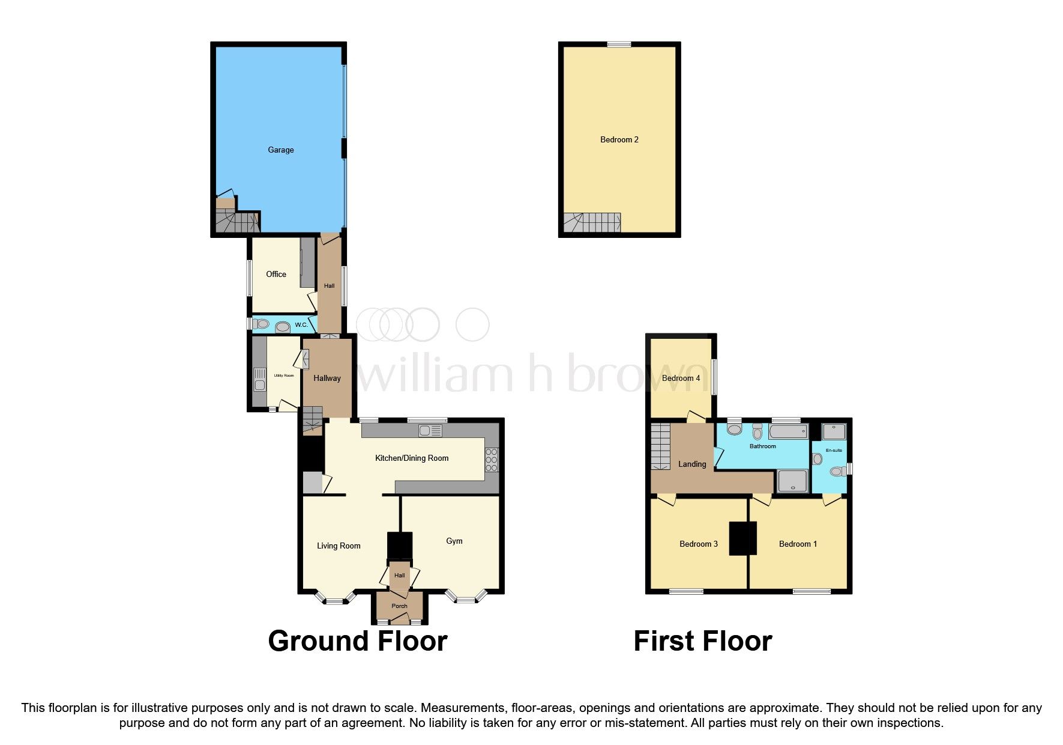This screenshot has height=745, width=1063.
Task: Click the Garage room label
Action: (x=280, y=150)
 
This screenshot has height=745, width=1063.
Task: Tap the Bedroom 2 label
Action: (x=619, y=139)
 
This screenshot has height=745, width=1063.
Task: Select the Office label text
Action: (x=276, y=274)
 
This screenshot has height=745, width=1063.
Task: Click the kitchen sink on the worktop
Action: (x=430, y=430)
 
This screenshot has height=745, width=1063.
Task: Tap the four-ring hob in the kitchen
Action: (x=492, y=460)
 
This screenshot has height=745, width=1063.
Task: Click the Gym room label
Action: (x=454, y=541)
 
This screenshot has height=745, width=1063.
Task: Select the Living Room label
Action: (x=339, y=546)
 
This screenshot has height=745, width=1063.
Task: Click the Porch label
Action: (x=399, y=606)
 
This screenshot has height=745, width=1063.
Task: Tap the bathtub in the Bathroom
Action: (x=788, y=431)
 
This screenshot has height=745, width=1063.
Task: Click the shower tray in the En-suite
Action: (x=834, y=431)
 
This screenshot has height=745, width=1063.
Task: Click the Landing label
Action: (x=691, y=464)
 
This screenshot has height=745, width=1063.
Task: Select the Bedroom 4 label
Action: (x=681, y=378)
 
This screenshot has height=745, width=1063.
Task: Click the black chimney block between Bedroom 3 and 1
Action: (x=742, y=538)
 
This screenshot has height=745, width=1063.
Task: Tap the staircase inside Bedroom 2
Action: (x=592, y=223)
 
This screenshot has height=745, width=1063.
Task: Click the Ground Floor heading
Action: (x=358, y=641)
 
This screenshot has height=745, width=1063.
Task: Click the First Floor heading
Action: (x=702, y=641)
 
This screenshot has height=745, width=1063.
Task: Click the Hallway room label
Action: (x=327, y=378)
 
